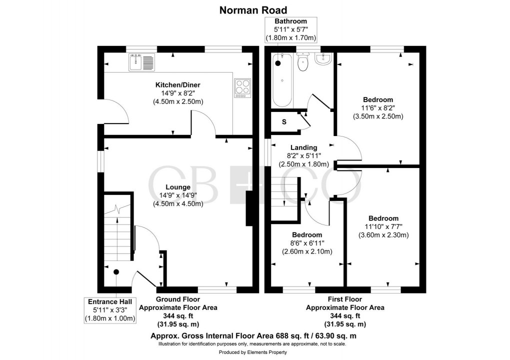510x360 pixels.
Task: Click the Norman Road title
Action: [x=255, y=9]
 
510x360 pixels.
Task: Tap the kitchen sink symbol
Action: [x=142, y=62]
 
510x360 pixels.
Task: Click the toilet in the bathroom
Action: [x=303, y=63]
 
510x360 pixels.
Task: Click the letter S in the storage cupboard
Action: [x=284, y=122]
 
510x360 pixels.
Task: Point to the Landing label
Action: [x=304, y=147]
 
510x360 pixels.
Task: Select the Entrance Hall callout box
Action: [x=110, y=310]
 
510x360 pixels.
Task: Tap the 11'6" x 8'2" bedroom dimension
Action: [x=378, y=108]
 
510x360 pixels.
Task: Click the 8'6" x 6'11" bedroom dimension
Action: [x=307, y=243]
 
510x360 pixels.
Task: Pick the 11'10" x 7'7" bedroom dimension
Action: [x=383, y=226]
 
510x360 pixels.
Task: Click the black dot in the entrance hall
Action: [x=116, y=272]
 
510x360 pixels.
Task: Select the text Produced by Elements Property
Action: [x=255, y=352]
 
